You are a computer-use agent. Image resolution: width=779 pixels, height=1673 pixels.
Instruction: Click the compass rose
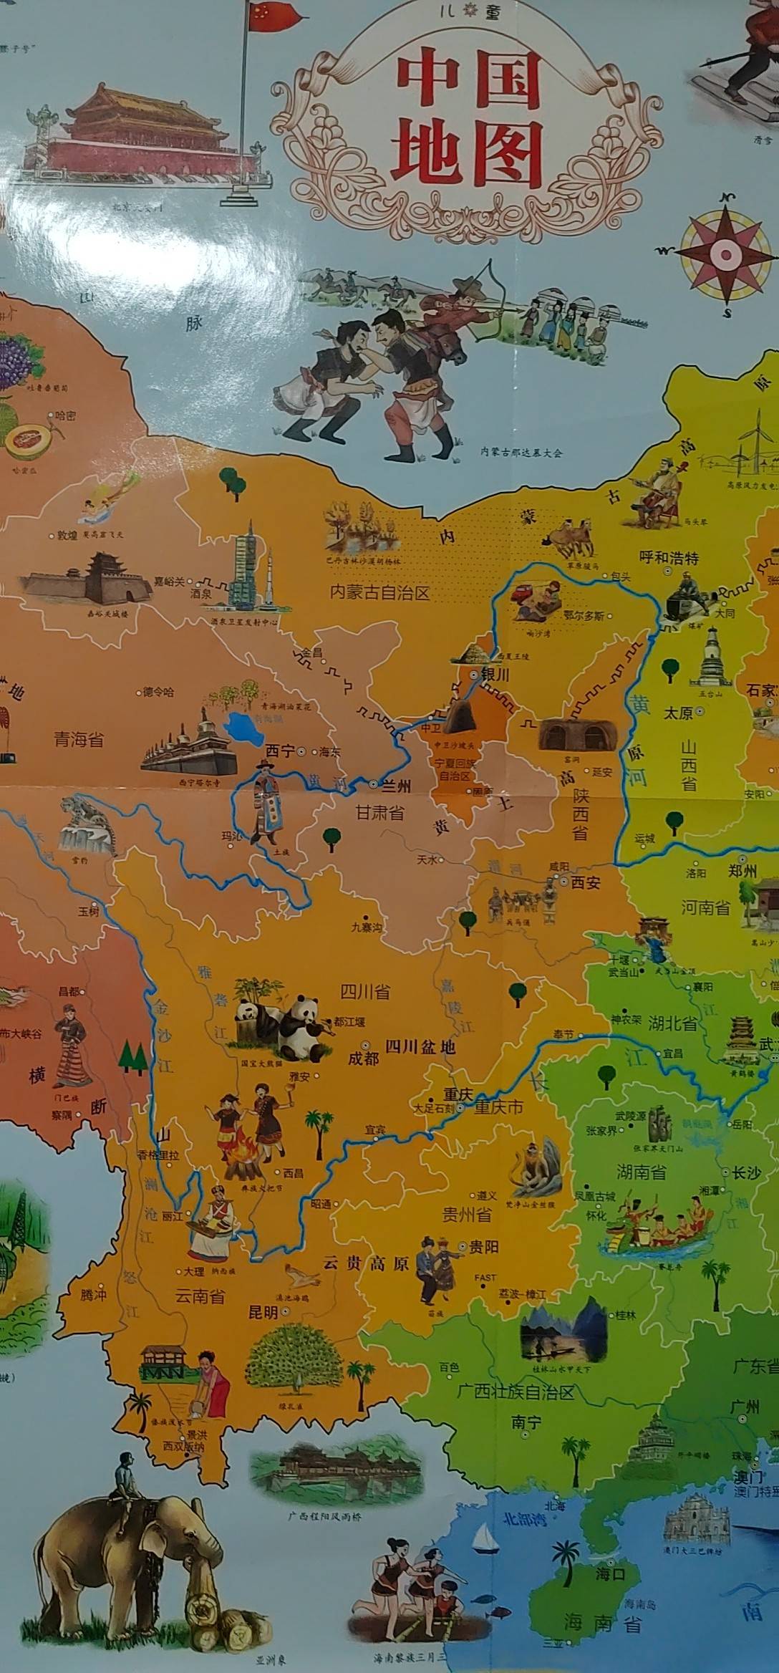point(725,254)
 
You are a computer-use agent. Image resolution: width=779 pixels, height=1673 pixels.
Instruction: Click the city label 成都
point(363,1058)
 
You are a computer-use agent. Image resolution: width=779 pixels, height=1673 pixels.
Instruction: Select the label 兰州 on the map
point(395,786)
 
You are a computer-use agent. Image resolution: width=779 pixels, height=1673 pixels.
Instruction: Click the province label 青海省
point(79,739)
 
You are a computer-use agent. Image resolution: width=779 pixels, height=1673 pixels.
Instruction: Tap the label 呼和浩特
point(669,558)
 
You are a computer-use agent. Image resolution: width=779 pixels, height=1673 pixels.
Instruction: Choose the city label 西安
point(585,883)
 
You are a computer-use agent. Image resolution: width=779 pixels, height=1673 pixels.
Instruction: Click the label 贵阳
point(483,1247)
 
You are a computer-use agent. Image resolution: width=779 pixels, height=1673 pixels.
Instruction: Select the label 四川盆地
point(420,1047)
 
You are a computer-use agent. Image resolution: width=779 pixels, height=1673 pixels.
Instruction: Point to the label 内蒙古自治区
point(379,592)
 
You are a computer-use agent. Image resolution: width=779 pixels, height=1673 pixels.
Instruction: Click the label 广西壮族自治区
point(516,1392)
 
